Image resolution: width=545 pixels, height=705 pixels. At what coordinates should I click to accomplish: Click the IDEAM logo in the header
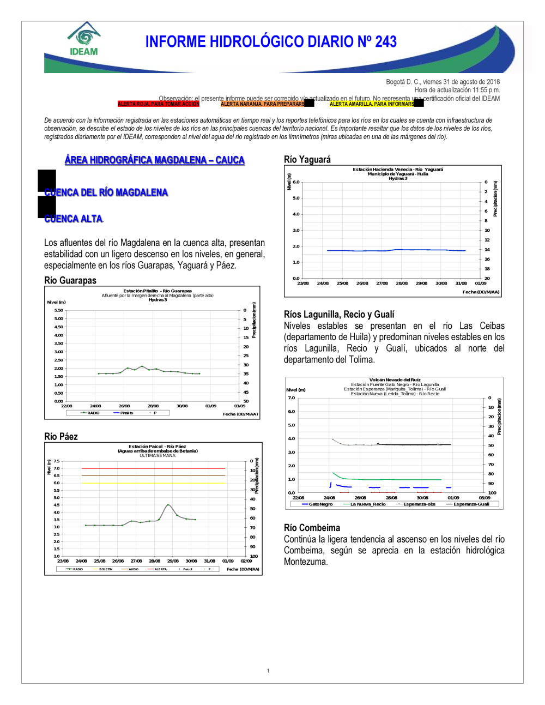click(x=84, y=40)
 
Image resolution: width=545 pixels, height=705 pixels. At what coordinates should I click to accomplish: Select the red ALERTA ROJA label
click(x=158, y=104)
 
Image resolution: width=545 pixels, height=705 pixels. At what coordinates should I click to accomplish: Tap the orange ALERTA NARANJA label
click(x=263, y=104)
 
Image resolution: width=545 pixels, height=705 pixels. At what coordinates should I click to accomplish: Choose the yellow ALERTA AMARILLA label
click(x=372, y=104)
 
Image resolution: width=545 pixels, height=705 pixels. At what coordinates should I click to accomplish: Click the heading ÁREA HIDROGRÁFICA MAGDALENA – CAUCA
click(x=155, y=160)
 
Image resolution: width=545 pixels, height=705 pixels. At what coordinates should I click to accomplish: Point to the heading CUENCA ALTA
click(x=74, y=219)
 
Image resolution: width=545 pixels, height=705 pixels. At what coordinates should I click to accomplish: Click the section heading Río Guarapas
click(x=70, y=280)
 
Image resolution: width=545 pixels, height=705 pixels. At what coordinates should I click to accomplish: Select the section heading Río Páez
click(x=61, y=436)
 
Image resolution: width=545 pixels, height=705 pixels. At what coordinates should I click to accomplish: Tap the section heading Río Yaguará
click(x=307, y=159)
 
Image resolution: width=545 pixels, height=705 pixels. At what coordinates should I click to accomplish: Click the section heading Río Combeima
click(x=312, y=527)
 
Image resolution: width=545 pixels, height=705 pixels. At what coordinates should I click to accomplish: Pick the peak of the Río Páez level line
click(x=168, y=505)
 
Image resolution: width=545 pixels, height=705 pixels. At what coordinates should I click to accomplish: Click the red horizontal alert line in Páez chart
click(x=153, y=468)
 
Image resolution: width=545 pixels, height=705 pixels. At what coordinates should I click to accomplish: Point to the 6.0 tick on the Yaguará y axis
click(x=296, y=182)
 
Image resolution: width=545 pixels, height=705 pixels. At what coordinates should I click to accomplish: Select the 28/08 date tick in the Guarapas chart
click(x=153, y=406)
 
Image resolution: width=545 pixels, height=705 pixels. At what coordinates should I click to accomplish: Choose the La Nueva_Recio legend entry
click(x=367, y=504)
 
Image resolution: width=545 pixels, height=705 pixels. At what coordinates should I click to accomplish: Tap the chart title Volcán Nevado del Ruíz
click(x=395, y=379)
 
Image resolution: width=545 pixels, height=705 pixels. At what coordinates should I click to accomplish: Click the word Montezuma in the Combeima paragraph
click(x=306, y=562)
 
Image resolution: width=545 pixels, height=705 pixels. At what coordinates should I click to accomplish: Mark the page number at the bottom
click(x=268, y=671)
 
